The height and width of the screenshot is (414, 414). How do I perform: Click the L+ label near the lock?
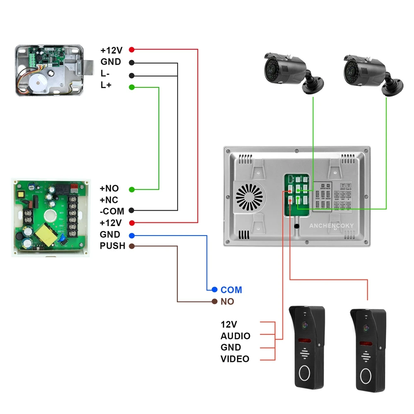coord(106,85)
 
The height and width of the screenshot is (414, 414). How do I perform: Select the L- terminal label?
coord(105,74)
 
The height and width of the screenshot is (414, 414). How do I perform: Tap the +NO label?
coord(109,188)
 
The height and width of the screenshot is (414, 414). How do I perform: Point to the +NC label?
coord(109,200)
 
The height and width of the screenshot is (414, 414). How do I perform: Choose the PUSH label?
coord(112,246)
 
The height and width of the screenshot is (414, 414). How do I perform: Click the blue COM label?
coord(231,290)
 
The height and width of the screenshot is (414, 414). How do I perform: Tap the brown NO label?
coord(227,301)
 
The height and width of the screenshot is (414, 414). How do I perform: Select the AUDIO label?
coord(235,336)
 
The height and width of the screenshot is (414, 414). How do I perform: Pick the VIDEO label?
coord(235,359)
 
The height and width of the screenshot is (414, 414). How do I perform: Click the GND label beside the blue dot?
coord(110,235)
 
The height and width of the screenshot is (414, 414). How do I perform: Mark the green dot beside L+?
coord(132,87)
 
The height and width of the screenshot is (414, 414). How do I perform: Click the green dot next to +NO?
coord(132,190)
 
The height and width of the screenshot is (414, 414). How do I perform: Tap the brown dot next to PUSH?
coord(132,246)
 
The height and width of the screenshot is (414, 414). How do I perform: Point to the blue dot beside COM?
coord(214,289)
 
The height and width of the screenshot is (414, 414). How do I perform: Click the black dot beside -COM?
coord(132,211)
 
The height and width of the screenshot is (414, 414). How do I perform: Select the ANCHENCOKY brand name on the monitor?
coord(330,226)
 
